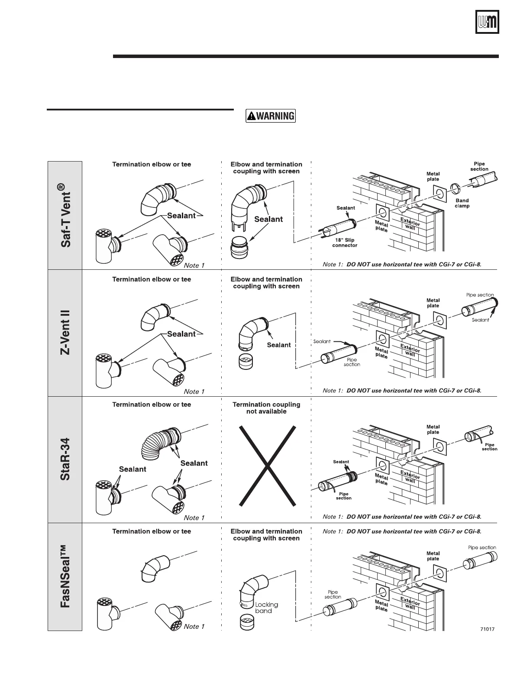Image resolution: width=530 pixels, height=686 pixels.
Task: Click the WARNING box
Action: (x=271, y=116)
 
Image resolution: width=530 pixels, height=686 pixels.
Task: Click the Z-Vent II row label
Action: (x=65, y=332)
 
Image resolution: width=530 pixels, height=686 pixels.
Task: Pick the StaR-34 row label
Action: (x=65, y=459)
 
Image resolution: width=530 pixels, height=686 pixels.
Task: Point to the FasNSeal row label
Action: (x=65, y=576)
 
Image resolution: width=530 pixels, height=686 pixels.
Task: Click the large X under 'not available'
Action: (x=268, y=466)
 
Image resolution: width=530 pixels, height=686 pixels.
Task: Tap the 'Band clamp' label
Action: (x=462, y=203)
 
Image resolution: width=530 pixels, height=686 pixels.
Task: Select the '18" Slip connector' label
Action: (x=345, y=243)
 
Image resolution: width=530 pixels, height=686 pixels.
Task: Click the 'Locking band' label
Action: (x=266, y=608)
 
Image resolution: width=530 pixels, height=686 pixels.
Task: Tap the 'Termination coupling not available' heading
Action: (x=266, y=408)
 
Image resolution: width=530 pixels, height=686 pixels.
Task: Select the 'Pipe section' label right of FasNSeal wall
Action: (x=482, y=547)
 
